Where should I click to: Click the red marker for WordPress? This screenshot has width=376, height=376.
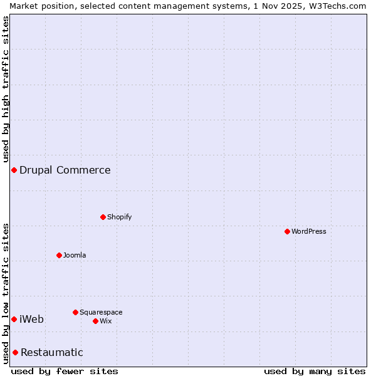[x=287, y=231]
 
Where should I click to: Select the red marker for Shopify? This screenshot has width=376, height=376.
[x=103, y=217]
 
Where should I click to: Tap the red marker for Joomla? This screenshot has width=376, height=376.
[x=59, y=255]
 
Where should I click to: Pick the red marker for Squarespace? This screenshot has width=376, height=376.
[x=75, y=312]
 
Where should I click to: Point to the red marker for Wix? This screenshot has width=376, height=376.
[x=95, y=321]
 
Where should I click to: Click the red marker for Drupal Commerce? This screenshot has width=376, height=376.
[x=14, y=170]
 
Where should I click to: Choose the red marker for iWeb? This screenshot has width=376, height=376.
[x=14, y=319]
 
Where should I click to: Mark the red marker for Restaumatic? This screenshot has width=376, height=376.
[x=15, y=352]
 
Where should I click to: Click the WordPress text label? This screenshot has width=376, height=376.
[x=309, y=231]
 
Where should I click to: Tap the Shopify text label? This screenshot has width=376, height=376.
[x=119, y=217]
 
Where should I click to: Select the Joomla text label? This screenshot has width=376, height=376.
[x=75, y=255]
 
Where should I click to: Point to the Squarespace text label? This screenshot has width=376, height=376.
[x=101, y=312]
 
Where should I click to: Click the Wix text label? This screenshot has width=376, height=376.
[x=105, y=321]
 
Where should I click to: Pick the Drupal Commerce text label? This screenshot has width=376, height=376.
[x=65, y=170]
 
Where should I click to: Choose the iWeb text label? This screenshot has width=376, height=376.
[x=32, y=319]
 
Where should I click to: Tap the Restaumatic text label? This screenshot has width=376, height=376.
[x=52, y=352]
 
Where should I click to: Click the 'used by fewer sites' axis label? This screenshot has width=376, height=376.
[x=65, y=371]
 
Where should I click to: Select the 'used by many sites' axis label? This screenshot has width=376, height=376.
[x=315, y=371]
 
